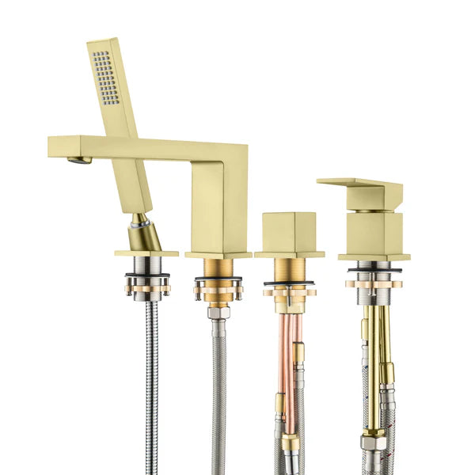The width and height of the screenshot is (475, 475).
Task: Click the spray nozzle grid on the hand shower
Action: pyautogui.click(x=106, y=78)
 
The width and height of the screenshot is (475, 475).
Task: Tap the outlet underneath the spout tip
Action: pyautogui.click(x=78, y=161)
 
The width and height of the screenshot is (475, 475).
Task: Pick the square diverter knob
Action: pyautogui.click(x=289, y=231)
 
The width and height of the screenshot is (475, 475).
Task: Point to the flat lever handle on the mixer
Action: pyautogui.click(x=360, y=189)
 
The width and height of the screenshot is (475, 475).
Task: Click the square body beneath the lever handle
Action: pyautogui.click(x=374, y=234)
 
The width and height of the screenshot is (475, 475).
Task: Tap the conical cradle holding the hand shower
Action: pyautogui.click(x=146, y=234)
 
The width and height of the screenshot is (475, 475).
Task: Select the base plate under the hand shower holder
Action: pyautogui.click(x=146, y=253)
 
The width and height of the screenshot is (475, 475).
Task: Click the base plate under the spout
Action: pyautogui.click(x=218, y=255)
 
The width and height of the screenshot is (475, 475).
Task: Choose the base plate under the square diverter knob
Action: pyautogui.click(x=289, y=254)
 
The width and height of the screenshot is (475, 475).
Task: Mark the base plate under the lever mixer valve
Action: pyautogui.click(x=374, y=256)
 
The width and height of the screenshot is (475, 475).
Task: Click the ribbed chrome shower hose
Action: pyautogui.click(x=151, y=380)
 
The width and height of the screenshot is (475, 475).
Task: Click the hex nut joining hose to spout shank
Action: pyautogui.click(x=218, y=313)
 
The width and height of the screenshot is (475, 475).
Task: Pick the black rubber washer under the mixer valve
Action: pyautogui.click(x=374, y=270)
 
